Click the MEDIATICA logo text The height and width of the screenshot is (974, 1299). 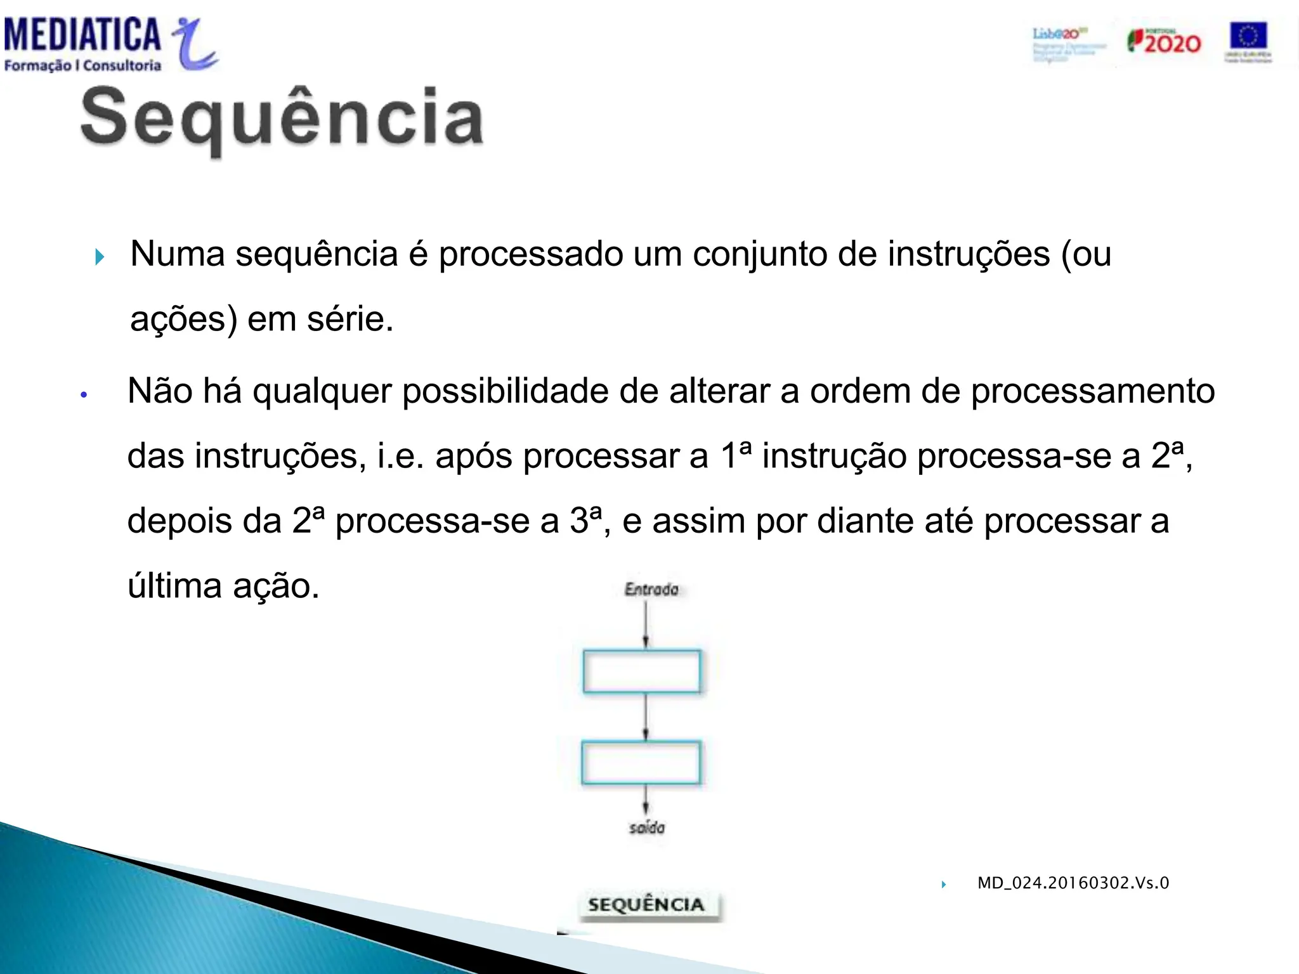pyautogui.click(x=82, y=34)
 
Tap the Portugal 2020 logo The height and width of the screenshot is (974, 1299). pyautogui.click(x=1163, y=42)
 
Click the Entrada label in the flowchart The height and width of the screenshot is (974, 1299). pyautogui.click(x=651, y=589)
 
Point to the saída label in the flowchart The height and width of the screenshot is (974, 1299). pyautogui.click(x=647, y=828)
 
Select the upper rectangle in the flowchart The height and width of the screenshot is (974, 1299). pyautogui.click(x=642, y=671)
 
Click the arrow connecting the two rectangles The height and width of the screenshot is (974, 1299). pyautogui.click(x=646, y=717)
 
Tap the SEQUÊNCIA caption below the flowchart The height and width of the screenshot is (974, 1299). pyautogui.click(x=646, y=905)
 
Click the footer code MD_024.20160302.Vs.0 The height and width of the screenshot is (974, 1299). pyautogui.click(x=1073, y=883)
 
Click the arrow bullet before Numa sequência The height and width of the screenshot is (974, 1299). pyautogui.click(x=100, y=257)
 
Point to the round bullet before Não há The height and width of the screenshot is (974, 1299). pyautogui.click(x=84, y=395)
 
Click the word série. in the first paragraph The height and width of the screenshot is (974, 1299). pyautogui.click(x=350, y=319)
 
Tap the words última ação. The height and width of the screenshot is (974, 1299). pyautogui.click(x=223, y=585)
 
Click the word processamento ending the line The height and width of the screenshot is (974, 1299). pyautogui.click(x=1092, y=391)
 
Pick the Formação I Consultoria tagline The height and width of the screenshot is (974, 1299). pyautogui.click(x=82, y=65)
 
